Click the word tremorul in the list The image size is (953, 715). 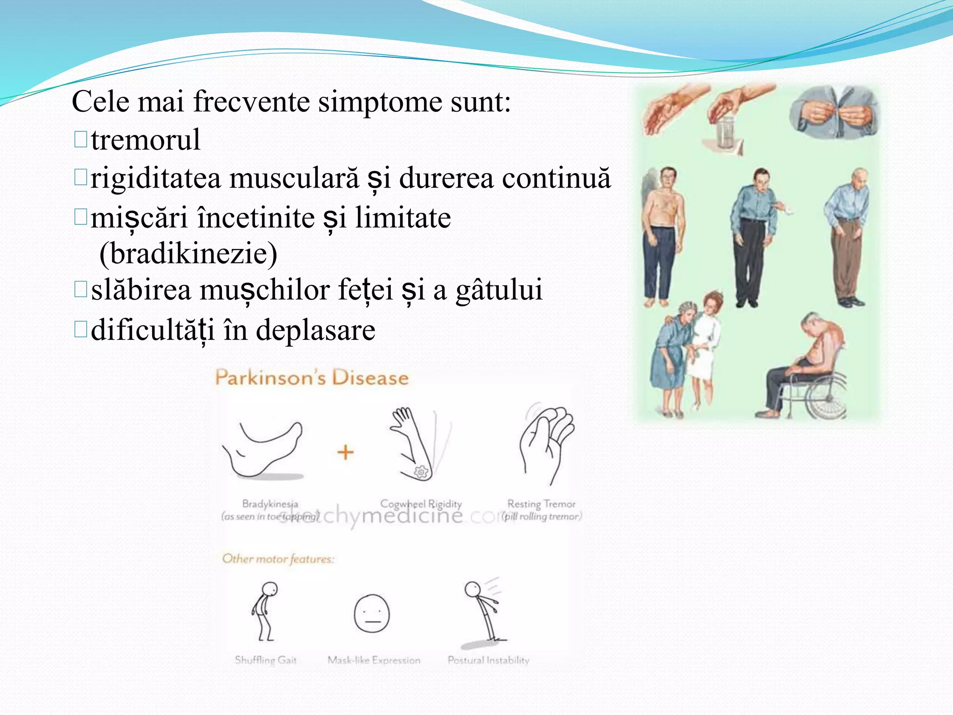(x=146, y=140)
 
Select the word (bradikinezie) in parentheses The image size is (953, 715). (x=188, y=254)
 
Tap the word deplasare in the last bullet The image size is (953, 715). (x=315, y=330)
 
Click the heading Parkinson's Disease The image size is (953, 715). (x=312, y=378)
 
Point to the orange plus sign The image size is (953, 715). (x=345, y=452)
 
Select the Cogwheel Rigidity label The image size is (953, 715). (x=421, y=504)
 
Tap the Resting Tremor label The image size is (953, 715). (x=541, y=504)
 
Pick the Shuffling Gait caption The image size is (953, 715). (x=265, y=660)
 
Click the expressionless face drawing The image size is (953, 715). (x=372, y=614)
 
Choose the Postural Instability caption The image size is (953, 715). (x=488, y=660)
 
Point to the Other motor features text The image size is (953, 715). (x=278, y=559)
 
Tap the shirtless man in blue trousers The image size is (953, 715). (x=662, y=237)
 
